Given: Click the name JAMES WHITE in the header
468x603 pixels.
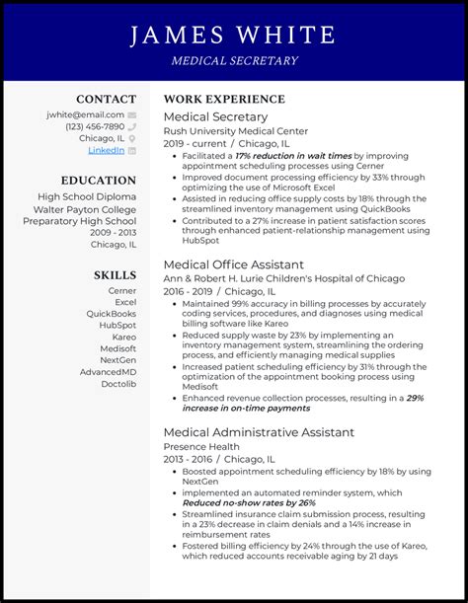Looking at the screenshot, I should point(233,36).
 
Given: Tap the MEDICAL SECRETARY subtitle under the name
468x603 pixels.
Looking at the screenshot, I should point(233,61).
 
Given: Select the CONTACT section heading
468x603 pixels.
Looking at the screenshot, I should point(106,99).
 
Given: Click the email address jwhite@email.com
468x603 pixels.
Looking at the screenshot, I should point(85,114).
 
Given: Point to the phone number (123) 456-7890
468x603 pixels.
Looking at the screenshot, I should point(95,126).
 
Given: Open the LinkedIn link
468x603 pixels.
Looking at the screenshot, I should point(106,150).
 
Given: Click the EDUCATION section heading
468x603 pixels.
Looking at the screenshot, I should point(98,181).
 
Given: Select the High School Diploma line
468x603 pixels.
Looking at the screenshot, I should point(87,196).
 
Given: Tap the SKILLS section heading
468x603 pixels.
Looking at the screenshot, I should point(115,274).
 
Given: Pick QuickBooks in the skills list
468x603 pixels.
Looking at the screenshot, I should point(111,314).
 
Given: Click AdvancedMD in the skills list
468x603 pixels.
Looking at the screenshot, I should point(108,372).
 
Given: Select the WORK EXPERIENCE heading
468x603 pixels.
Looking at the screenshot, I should point(224,99).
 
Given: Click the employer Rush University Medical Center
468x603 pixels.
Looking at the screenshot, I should point(234,130).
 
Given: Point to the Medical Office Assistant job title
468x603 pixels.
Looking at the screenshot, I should point(233,264).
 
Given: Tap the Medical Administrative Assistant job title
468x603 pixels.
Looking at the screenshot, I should point(258,432).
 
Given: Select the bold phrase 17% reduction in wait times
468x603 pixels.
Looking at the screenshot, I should point(293,156).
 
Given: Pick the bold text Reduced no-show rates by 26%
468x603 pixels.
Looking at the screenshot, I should point(249,502).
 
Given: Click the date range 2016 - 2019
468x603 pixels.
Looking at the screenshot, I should point(189,292).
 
